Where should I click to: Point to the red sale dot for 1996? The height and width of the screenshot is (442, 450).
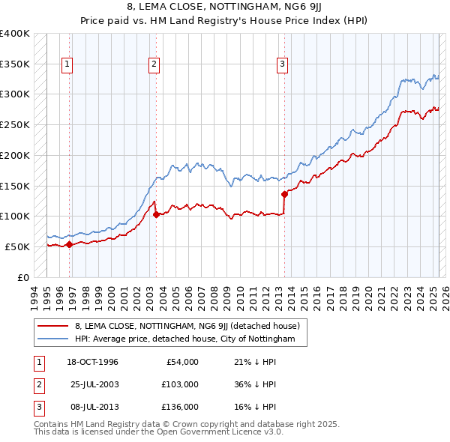(69, 243)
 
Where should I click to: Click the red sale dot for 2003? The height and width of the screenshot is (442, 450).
(156, 214)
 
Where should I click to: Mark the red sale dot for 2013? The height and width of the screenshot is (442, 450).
(284, 194)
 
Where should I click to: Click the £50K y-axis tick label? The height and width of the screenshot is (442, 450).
(18, 246)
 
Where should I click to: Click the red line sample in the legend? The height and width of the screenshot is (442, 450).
(52, 326)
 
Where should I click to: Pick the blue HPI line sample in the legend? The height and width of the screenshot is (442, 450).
(52, 339)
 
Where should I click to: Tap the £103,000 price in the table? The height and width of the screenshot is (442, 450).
(179, 384)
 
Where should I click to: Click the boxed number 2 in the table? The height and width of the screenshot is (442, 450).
(37, 384)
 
